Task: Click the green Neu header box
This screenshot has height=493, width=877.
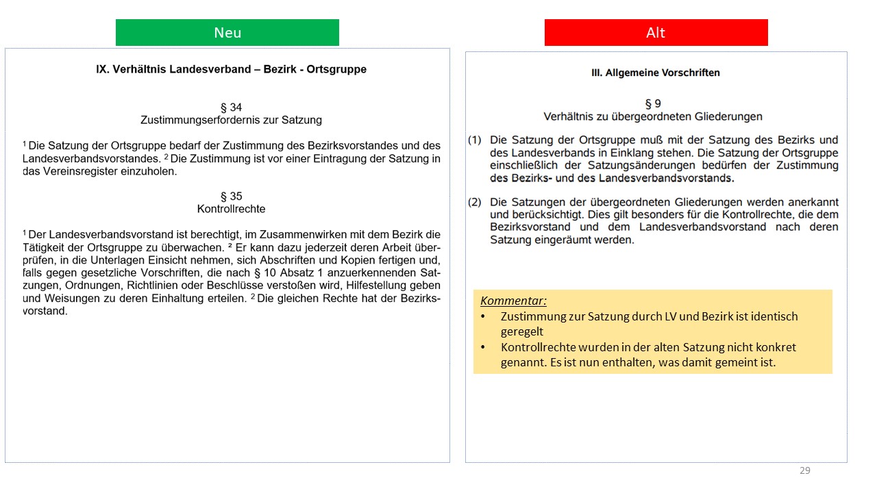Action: coord(227,33)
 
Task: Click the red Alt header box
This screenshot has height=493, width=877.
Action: coord(656,33)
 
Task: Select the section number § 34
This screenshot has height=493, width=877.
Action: coord(231,108)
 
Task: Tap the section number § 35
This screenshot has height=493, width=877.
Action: coord(231,197)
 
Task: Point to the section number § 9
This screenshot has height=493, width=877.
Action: coord(652,104)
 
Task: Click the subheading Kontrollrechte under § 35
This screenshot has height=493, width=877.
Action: coord(231,209)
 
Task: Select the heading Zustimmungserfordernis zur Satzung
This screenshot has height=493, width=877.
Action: coord(231,120)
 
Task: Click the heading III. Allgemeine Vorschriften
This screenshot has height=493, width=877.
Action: coord(655,73)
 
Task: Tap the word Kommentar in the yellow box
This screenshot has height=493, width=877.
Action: coord(513,301)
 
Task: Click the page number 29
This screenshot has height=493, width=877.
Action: coord(804,470)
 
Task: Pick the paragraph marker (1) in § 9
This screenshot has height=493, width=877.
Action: coord(475,140)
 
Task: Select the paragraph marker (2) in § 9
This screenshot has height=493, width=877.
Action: coord(475,203)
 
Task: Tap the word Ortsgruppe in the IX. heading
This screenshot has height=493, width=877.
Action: coord(336,69)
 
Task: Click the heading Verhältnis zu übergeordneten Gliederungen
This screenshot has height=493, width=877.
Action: coord(652,116)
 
